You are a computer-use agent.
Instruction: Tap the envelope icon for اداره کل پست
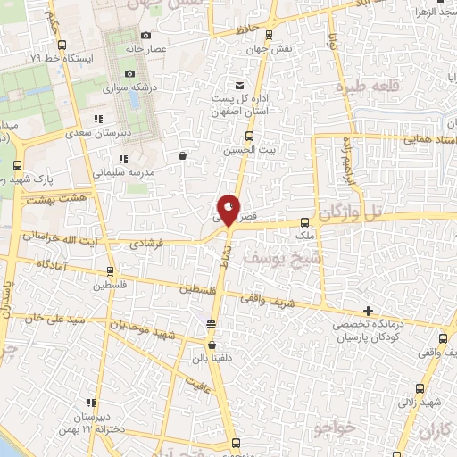(238, 83)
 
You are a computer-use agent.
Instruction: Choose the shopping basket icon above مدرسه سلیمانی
(183, 155)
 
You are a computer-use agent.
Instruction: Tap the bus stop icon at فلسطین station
(111, 270)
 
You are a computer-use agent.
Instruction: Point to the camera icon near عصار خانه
(130, 73)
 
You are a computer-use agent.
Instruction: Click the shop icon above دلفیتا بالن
(211, 343)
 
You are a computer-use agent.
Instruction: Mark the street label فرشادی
(147, 242)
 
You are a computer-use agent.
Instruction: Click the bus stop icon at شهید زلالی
(421, 388)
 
